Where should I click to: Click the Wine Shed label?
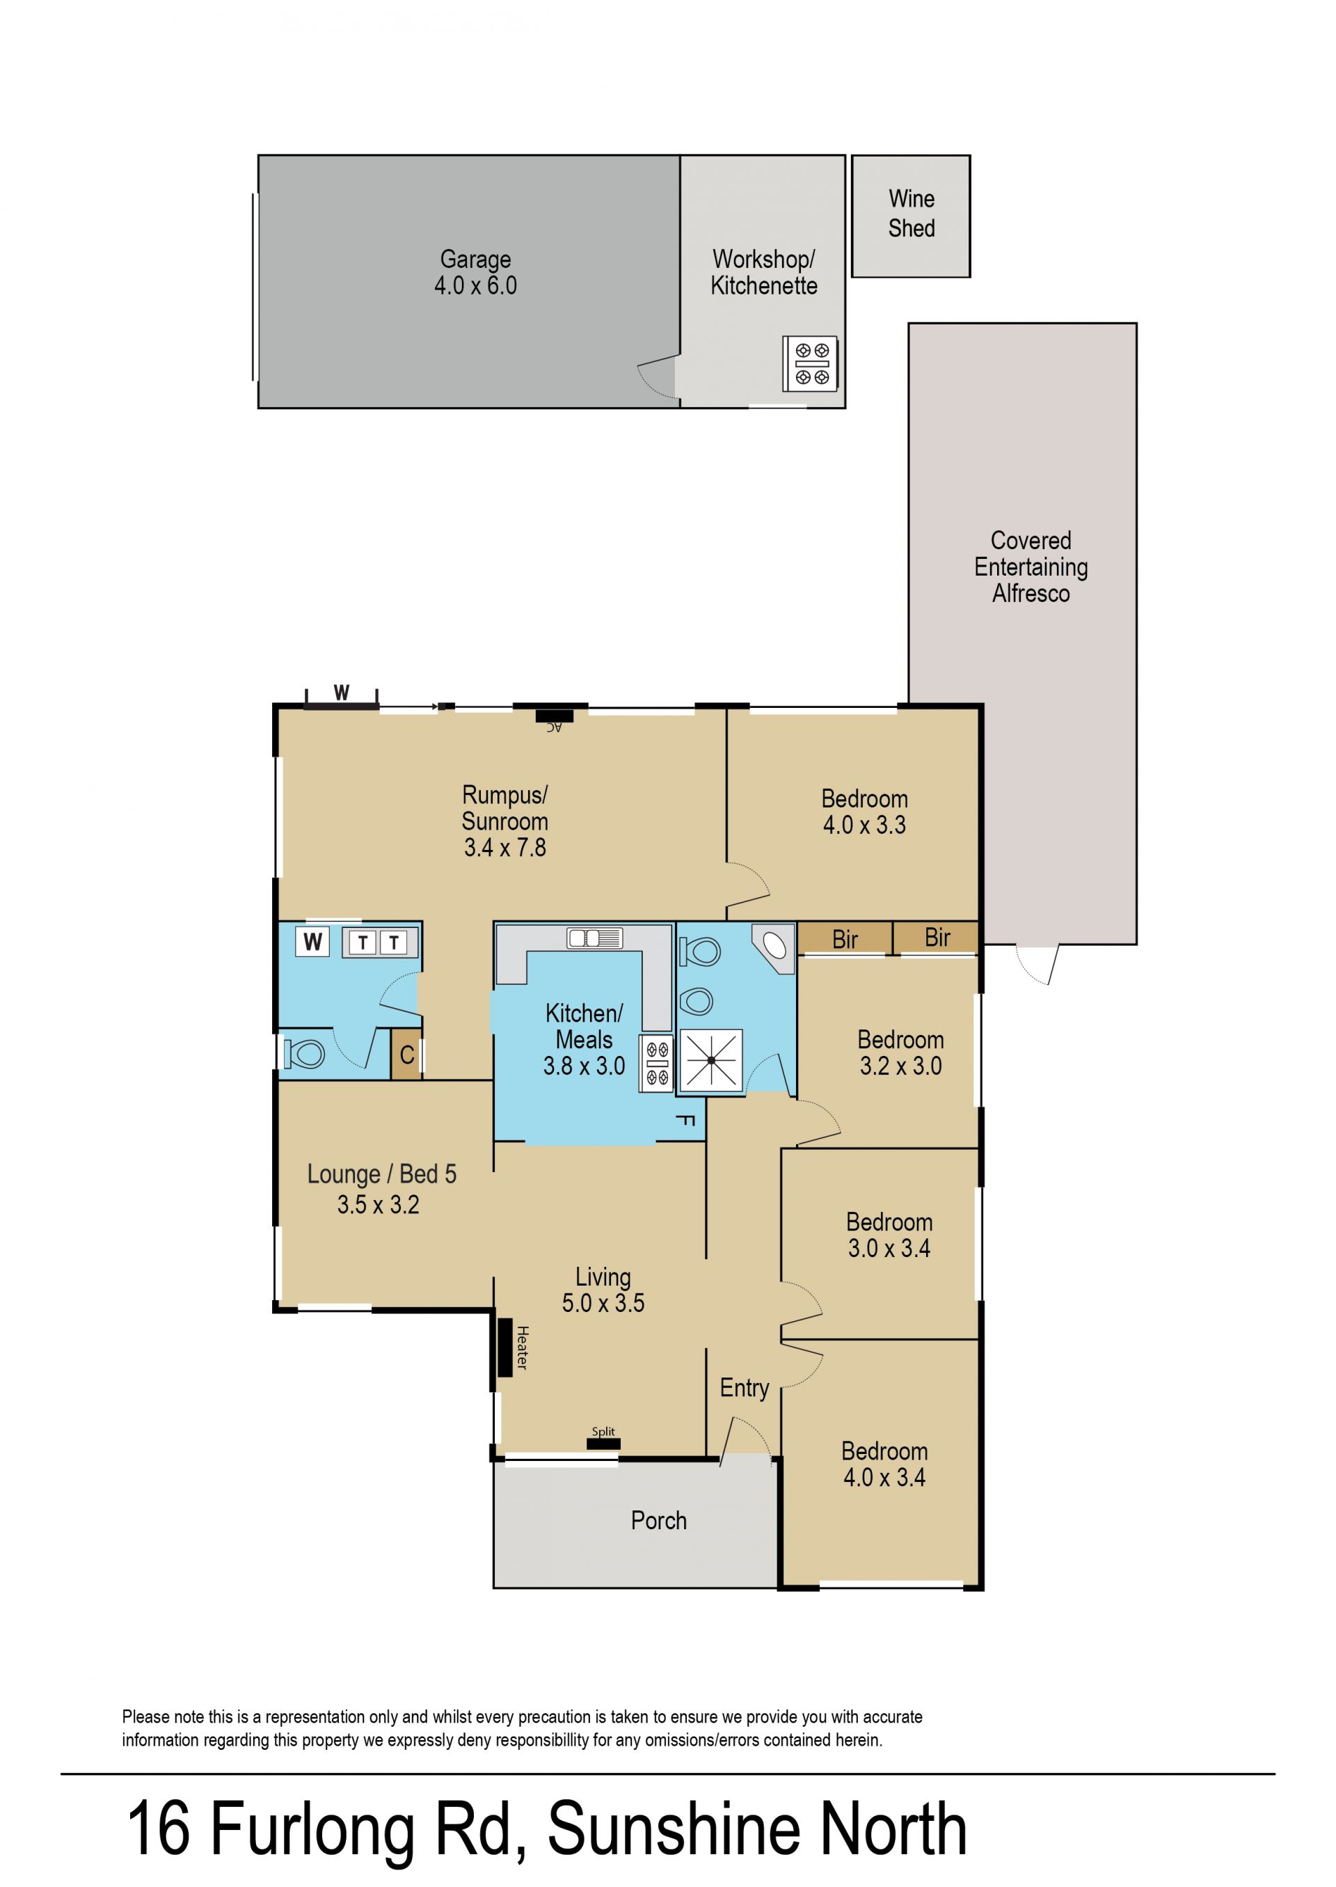coord(912,213)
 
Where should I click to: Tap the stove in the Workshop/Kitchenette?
coord(811,363)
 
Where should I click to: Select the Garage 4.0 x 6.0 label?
coord(475,272)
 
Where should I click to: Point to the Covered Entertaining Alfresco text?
coord(1031,567)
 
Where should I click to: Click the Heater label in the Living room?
coord(522,1347)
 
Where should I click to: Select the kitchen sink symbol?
coord(595,938)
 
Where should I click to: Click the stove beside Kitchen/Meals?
coord(656,1064)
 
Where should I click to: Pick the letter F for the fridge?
coord(685,1120)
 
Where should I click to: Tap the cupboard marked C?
coord(406,1055)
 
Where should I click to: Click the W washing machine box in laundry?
coord(312,942)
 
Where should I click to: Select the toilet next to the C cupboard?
coord(303,1055)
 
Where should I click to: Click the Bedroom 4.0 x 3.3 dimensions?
coord(865,825)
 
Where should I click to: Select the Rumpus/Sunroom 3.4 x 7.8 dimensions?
coord(505,847)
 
